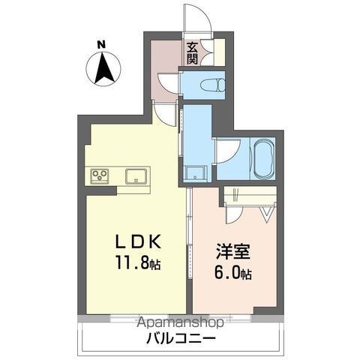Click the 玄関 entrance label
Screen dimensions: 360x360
coord(193,50)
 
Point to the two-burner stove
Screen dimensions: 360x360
coord(100,176)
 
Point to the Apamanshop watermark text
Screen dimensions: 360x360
coord(180,323)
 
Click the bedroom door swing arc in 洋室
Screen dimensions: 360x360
coord(234,214)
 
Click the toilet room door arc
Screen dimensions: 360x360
coord(169,82)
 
